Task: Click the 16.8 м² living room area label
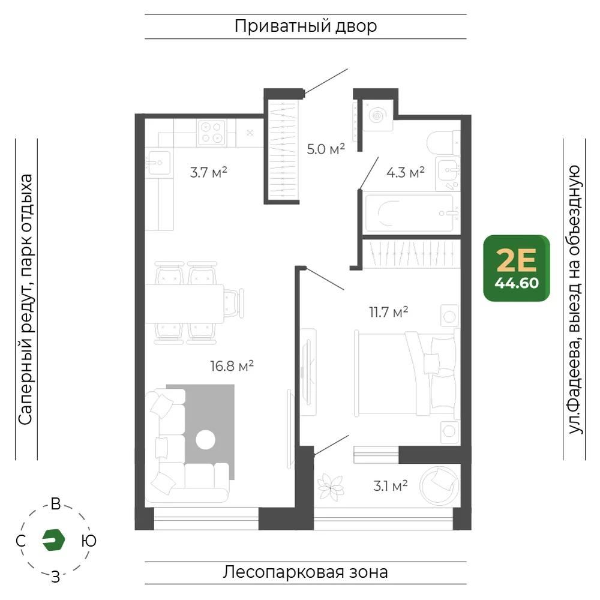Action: pos(232,366)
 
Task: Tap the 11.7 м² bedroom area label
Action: pos(388,312)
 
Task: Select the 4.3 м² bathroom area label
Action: pos(405,172)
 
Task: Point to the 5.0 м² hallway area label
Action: pos(326,148)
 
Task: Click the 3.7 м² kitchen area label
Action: pos(209,172)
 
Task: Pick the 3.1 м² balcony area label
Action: pos(391,485)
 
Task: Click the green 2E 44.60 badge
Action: pos(517,268)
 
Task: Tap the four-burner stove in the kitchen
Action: pos(211,133)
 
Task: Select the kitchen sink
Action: pos(158,163)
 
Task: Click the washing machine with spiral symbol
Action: pos(377,115)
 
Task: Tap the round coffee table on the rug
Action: pos(205,440)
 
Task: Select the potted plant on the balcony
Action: pos(331,487)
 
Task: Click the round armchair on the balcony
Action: pos(439,485)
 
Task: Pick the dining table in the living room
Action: pos(184,304)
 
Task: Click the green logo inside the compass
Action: pos(53,540)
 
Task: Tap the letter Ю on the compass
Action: pos(89,541)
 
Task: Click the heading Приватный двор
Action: pos(306,26)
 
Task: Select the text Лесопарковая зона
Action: pos(305,572)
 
